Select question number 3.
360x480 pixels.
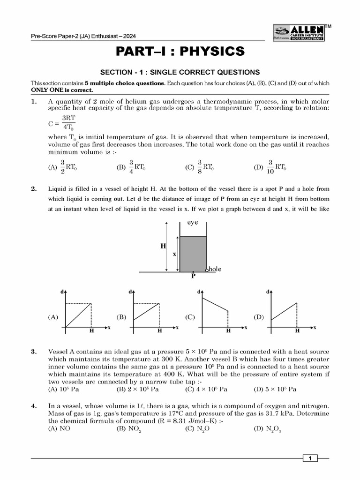[34, 352]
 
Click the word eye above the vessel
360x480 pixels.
[193, 224]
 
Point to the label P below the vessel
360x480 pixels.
[193, 276]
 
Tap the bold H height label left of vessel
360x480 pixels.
[164, 245]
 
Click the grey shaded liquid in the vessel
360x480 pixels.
[193, 253]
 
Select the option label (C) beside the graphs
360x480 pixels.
[190, 317]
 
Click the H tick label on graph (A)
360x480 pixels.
[91, 330]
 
